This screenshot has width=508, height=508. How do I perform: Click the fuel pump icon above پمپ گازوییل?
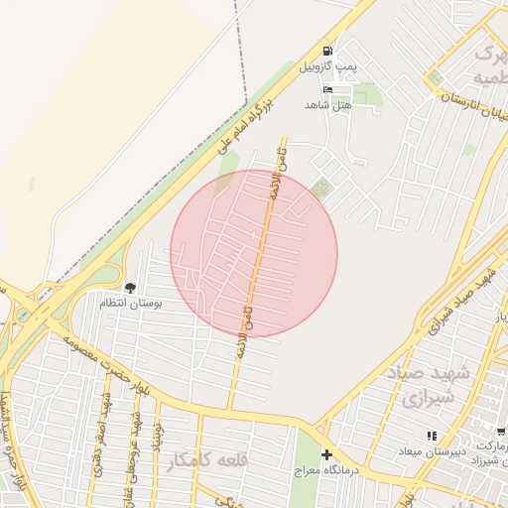tap(326, 51)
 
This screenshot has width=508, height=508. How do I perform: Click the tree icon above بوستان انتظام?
tap(130, 288)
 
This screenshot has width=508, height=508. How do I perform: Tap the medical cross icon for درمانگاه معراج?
tap(326, 454)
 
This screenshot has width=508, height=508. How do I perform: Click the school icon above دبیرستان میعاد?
tap(431, 436)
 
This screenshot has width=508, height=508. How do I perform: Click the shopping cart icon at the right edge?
tap(501, 432)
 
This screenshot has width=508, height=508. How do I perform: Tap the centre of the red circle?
tap(254, 253)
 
